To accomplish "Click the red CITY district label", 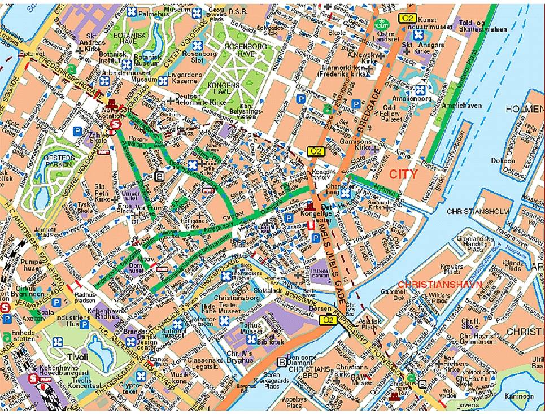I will [403, 174].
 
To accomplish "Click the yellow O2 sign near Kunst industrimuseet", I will [407, 18].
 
